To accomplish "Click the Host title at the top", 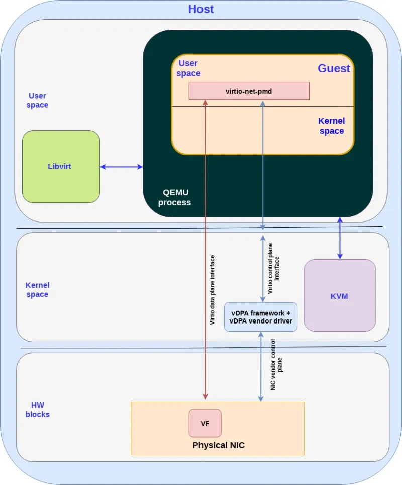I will pos(200,9).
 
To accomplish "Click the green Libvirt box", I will pos(61,167).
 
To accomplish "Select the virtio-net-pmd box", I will pos(249,91).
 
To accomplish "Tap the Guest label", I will pos(334,69).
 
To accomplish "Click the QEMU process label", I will pos(174,197).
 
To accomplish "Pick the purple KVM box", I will pos(340,296).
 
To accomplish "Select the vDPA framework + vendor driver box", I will pos(260,317).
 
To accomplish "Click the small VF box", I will pos(205,423).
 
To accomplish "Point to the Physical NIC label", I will pos(219,445).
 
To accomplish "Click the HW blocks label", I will pos(40,410).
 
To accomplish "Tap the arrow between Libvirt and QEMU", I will pos(122,167).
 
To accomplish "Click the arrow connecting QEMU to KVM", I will pos(340,238).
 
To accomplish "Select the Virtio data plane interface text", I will pos(213,289).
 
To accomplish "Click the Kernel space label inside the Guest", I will pos(331,126).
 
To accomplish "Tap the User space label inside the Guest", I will pos(188,68).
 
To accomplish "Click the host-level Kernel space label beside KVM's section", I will pos(37,290).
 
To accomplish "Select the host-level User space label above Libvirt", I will pos(37,100).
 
